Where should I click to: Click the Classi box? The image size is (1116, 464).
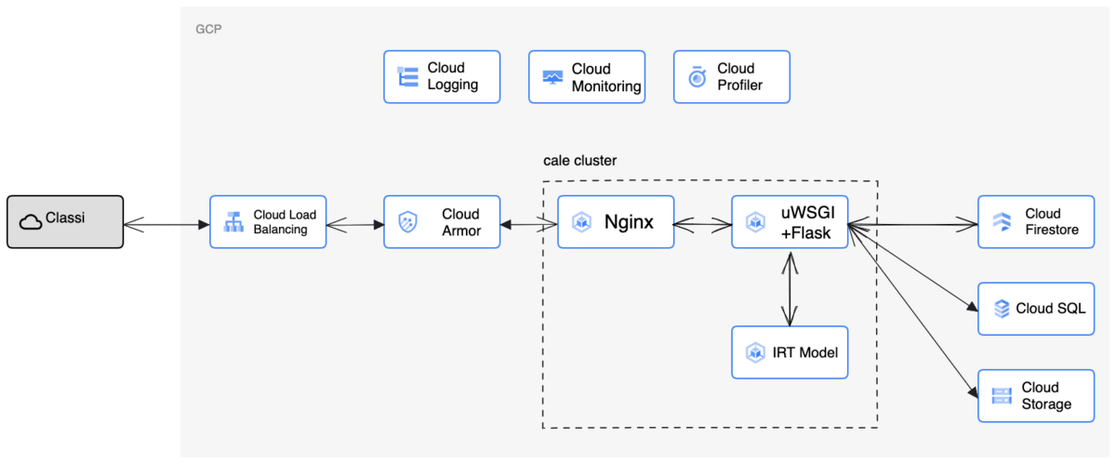pyautogui.click(x=65, y=221)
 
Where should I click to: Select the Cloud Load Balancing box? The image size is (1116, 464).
pyautogui.click(x=268, y=221)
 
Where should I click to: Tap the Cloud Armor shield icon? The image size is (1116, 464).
pyautogui.click(x=407, y=222)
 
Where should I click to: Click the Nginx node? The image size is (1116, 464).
pyautogui.click(x=616, y=222)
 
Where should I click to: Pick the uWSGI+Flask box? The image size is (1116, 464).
pyautogui.click(x=790, y=222)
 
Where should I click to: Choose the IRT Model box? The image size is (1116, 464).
pyautogui.click(x=790, y=352)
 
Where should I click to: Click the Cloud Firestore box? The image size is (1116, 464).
pyautogui.click(x=1035, y=221)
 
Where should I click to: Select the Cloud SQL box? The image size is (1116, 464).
pyautogui.click(x=1035, y=309)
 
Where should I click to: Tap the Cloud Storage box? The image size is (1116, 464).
pyautogui.click(x=1035, y=395)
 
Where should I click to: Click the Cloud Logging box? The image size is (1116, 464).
pyautogui.click(x=442, y=76)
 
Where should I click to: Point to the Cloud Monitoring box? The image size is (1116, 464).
pyautogui.click(x=587, y=77)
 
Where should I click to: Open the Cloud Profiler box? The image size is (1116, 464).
pyautogui.click(x=731, y=76)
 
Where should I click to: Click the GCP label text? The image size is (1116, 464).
pyautogui.click(x=208, y=30)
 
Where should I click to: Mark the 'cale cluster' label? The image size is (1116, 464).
pyautogui.click(x=579, y=161)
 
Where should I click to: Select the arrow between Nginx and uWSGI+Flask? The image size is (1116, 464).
pyautogui.click(x=702, y=223)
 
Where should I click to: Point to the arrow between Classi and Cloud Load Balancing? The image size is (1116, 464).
pyautogui.click(x=166, y=223)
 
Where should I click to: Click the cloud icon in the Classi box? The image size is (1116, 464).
pyautogui.click(x=30, y=221)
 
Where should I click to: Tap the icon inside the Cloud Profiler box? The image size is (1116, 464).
pyautogui.click(x=697, y=77)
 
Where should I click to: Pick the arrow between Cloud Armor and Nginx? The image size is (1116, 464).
pyautogui.click(x=528, y=223)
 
